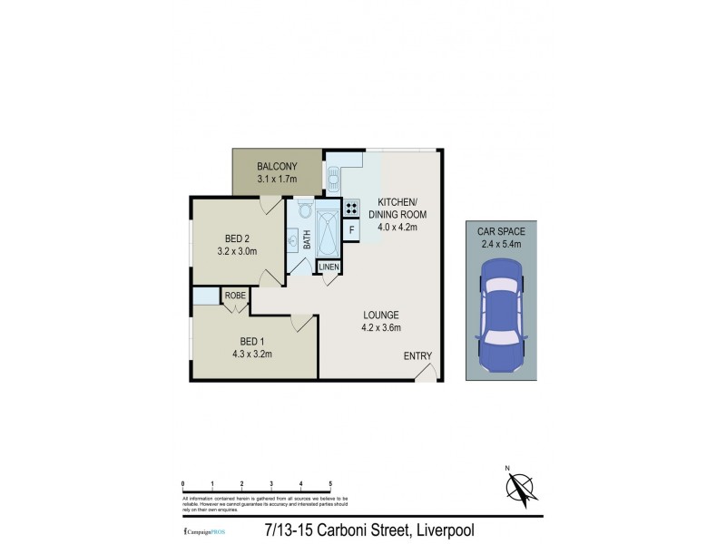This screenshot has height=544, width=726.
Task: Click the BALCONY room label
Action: [277, 167]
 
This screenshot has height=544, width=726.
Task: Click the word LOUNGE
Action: [381, 315]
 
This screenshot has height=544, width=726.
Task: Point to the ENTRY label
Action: [417, 355]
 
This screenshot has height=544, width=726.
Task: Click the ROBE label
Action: [235, 296]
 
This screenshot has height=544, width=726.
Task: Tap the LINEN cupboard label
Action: [329, 267]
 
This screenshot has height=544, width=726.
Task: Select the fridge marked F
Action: [352, 230]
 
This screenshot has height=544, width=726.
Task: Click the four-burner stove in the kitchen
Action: [352, 207]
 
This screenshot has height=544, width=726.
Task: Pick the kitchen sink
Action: [333, 180]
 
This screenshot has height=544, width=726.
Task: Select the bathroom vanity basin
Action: [293, 239]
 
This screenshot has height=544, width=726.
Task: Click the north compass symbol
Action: [517, 490]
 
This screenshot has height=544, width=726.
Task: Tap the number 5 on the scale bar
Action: [330, 483]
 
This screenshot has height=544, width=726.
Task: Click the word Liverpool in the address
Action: [439, 529]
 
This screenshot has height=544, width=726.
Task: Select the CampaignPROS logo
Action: [203, 530]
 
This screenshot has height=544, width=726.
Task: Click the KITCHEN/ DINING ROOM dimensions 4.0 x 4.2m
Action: [392, 227]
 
